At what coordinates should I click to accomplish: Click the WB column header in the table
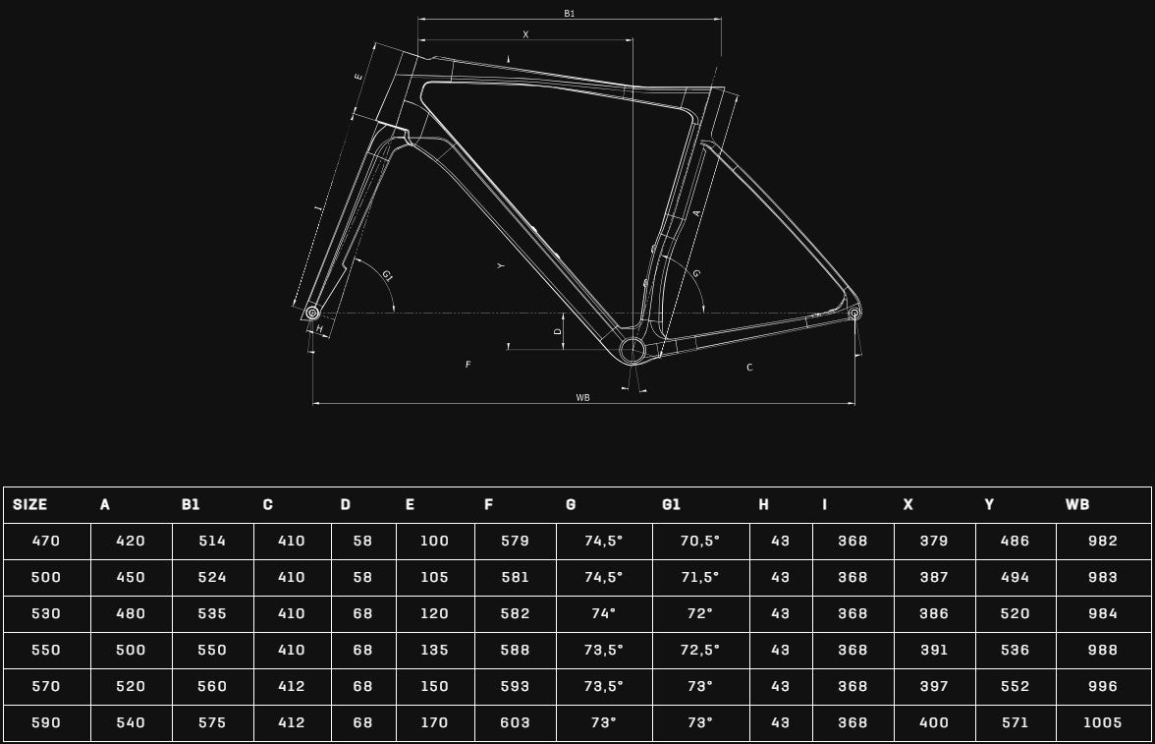coord(1076,504)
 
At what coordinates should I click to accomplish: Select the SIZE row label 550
coord(45,650)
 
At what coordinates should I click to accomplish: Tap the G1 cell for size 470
coord(699,541)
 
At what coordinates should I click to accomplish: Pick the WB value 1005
coord(1103,722)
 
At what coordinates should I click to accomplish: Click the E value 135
coord(434,650)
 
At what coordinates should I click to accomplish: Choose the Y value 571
coord(1016,722)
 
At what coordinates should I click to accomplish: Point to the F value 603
coord(515,722)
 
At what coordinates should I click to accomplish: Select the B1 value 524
coord(212,577)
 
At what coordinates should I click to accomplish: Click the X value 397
coord(934,686)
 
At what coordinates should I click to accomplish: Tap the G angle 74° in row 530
coord(603,613)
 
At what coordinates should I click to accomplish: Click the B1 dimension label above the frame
coord(570,14)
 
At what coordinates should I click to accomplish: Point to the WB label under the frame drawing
coord(582,397)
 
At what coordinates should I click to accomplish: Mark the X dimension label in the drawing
coord(526,34)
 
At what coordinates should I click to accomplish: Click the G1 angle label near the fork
coord(387,276)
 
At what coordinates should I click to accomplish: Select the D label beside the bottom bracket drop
coord(558,331)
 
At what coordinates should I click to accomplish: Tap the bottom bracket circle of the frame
coord(632,350)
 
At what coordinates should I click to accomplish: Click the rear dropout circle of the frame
coord(854,314)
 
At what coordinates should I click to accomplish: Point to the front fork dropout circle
coord(312,314)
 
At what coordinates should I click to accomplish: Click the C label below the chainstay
coord(750,368)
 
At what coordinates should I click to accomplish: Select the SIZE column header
coord(30,504)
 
